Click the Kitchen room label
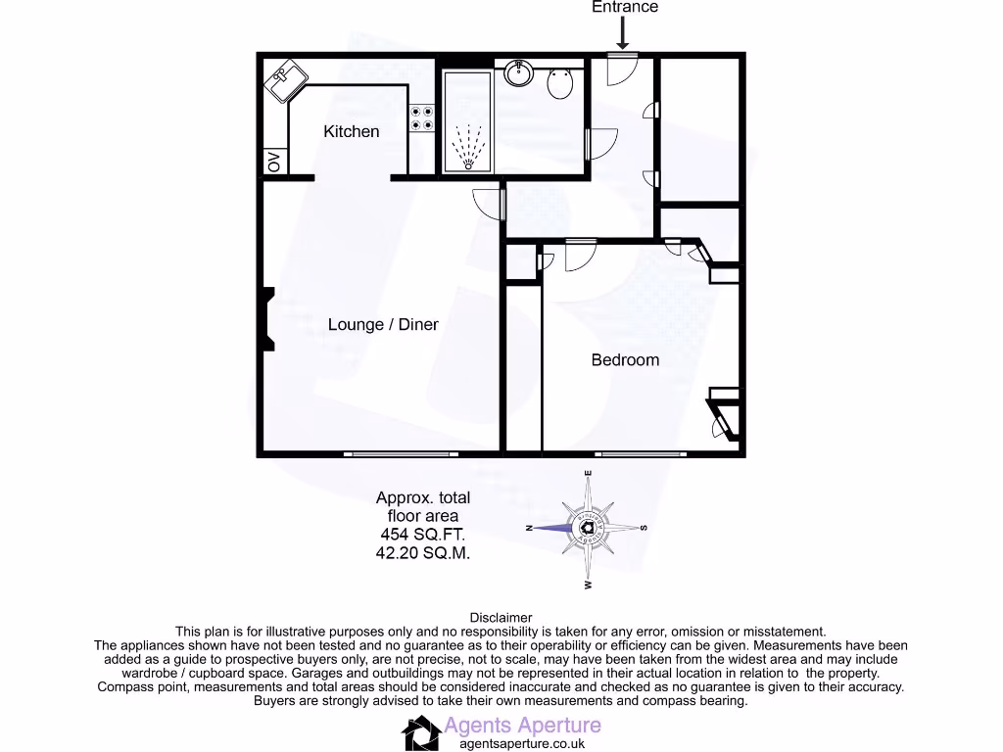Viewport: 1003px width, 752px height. click(351, 131)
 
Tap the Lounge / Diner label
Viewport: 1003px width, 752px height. click(383, 324)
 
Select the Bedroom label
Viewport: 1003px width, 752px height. click(625, 359)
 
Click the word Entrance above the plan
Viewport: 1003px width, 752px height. click(625, 7)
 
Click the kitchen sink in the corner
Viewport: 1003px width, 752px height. click(286, 79)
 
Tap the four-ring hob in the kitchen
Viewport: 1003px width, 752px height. click(423, 118)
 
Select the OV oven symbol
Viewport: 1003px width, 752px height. click(274, 162)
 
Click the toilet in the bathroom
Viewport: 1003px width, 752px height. click(560, 83)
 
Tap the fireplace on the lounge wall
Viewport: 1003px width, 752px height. click(266, 318)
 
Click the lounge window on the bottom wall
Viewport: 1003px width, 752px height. click(401, 453)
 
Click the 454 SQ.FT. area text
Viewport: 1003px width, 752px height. click(423, 535)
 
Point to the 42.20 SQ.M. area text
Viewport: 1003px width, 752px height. click(423, 552)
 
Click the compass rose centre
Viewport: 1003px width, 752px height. click(589, 528)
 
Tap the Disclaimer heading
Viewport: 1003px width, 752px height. click(501, 618)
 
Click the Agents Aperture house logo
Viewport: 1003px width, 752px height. click(421, 732)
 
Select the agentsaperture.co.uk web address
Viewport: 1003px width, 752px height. click(515, 744)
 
